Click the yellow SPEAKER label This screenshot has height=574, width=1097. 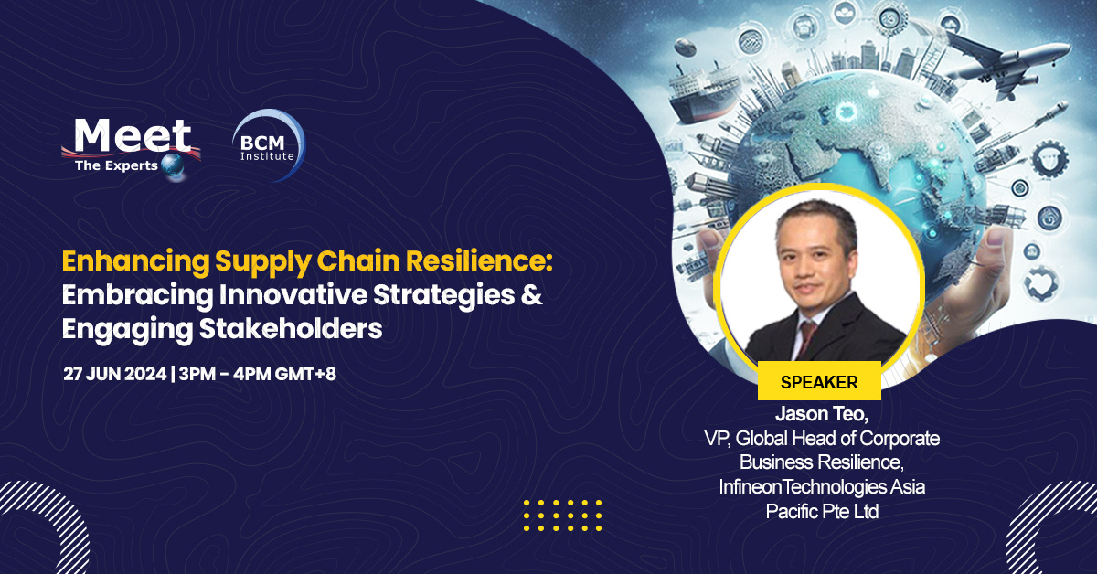click(x=819, y=381)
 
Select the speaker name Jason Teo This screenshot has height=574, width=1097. click(x=819, y=413)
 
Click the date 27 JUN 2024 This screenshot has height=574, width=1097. click(x=114, y=375)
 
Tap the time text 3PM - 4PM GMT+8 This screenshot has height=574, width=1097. click(x=258, y=375)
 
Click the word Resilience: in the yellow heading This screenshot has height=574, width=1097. click(x=484, y=262)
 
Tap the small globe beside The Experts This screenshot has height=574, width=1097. click(x=171, y=165)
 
